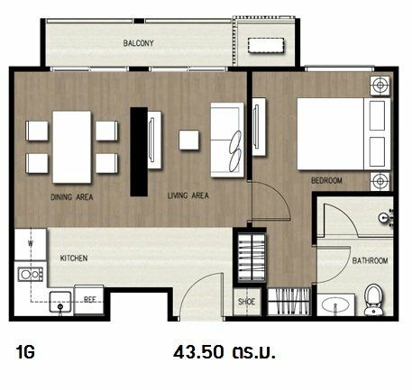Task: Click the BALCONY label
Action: coord(138,43)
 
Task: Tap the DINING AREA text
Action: coord(72,197)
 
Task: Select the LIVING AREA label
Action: coord(188,195)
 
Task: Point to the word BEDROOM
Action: coord(326,180)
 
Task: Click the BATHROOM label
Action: coord(370,260)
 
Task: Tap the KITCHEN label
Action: coord(74,258)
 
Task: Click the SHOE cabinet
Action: coord(247,302)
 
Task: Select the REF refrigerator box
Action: coord(89,300)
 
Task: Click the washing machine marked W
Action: coord(31,244)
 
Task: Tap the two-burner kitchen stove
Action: coord(31,275)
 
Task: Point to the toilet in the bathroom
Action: coord(373,300)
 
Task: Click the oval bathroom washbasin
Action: coord(335,305)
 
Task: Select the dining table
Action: coord(72,147)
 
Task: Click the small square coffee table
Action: coord(188,140)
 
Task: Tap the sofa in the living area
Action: coord(227,141)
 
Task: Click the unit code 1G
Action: coord(25,352)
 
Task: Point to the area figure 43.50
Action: coord(198,352)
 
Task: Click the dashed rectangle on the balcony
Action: coord(266,46)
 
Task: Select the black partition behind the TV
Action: coord(139,151)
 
